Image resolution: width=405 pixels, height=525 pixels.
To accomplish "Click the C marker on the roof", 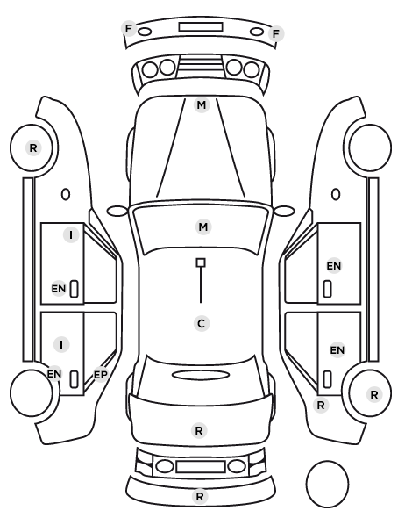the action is point(202,324).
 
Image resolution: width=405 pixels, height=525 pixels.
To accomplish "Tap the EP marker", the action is point(100,375).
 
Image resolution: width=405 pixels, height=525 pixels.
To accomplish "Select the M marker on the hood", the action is point(202,105).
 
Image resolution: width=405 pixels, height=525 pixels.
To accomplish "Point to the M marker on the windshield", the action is point(203,227).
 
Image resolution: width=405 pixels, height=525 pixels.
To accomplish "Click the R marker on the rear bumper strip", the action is point(200,496).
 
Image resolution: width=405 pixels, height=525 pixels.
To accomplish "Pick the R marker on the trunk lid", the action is point(199,430).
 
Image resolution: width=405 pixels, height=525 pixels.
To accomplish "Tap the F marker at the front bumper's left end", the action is point(128,29).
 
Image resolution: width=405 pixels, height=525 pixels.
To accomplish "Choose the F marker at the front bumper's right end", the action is point(276,34).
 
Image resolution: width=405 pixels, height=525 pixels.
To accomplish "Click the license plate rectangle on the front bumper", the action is point(201,27).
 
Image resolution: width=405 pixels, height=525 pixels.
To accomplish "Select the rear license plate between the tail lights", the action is point(201,467).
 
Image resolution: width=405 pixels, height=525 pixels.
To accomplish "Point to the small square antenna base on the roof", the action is point(201,262).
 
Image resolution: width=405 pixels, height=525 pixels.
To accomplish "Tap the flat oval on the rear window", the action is point(201,375).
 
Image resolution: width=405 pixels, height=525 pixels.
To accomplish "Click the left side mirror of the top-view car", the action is point(117,211).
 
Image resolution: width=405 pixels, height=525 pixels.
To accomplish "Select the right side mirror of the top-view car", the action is point(284,211).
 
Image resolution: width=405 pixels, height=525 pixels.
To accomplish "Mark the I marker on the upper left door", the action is point(71,235).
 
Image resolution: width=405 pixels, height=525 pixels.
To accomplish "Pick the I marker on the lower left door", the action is point(61,344).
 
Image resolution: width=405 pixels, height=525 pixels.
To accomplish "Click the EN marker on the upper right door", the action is point(334,266).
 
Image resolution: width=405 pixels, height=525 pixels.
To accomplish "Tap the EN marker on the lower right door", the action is point(337,350).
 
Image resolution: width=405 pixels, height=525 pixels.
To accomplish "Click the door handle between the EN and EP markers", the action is point(74,379).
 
